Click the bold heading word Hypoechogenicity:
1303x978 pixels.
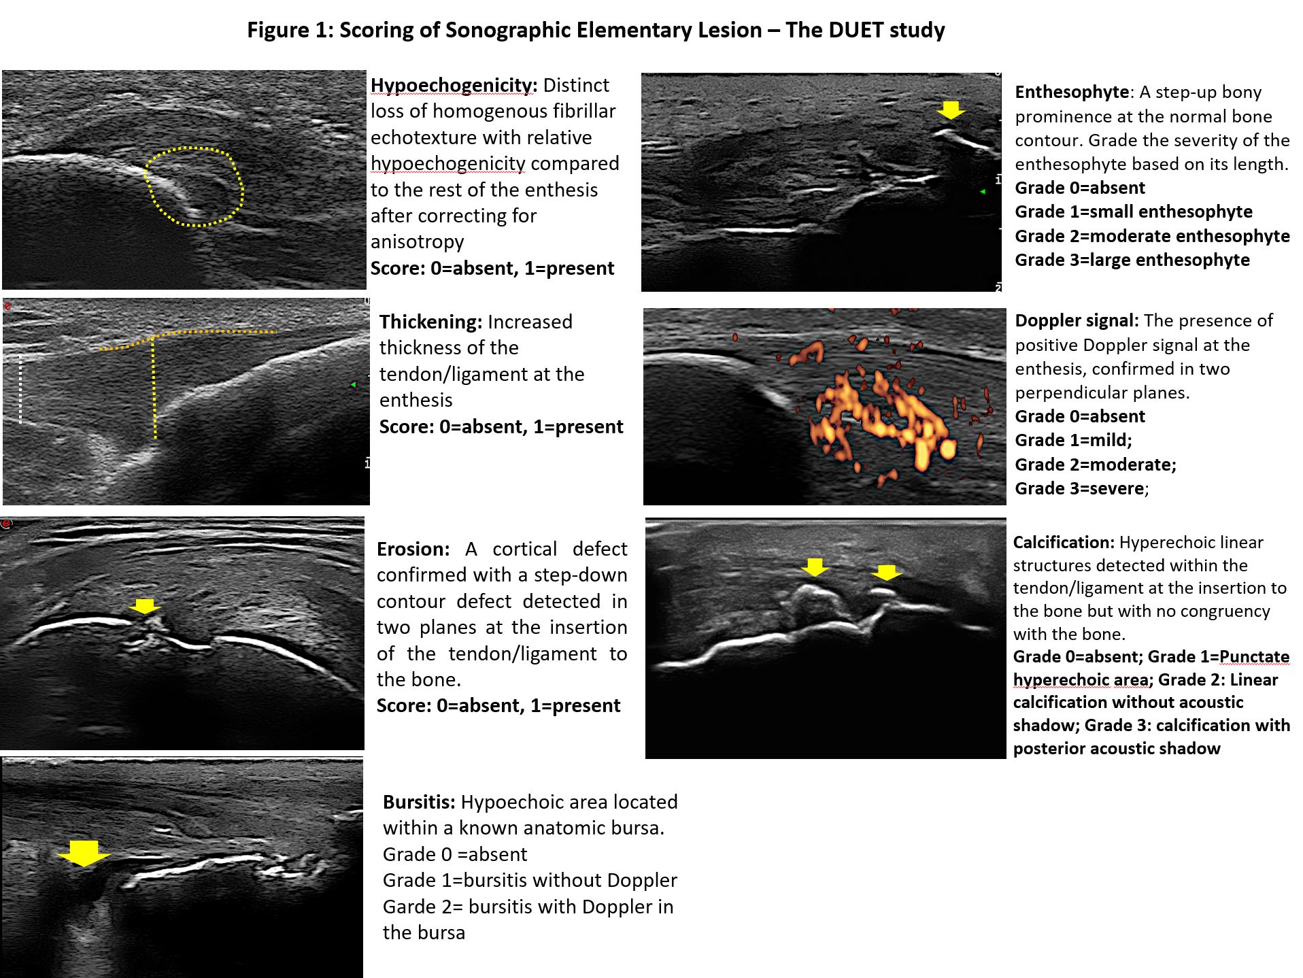click(454, 86)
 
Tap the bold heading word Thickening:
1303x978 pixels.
click(430, 322)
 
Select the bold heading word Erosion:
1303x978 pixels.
click(413, 549)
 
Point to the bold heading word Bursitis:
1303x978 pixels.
click(419, 802)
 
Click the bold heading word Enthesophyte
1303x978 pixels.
click(1072, 92)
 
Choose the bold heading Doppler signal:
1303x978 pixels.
click(1077, 320)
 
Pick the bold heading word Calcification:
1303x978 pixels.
click(1064, 542)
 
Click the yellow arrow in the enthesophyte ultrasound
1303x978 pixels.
click(950, 109)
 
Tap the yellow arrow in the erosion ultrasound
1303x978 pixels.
click(144, 606)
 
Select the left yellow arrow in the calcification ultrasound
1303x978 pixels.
click(814, 567)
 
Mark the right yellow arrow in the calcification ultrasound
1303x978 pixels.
click(886, 573)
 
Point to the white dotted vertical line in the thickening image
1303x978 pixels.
click(21, 388)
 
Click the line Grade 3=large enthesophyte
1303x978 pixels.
click(1132, 260)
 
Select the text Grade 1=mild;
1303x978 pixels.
click(1073, 440)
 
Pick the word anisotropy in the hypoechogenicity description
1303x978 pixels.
click(417, 242)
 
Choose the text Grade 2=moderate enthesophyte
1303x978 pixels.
click(1152, 236)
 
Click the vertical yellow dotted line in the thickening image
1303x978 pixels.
click(154, 388)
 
